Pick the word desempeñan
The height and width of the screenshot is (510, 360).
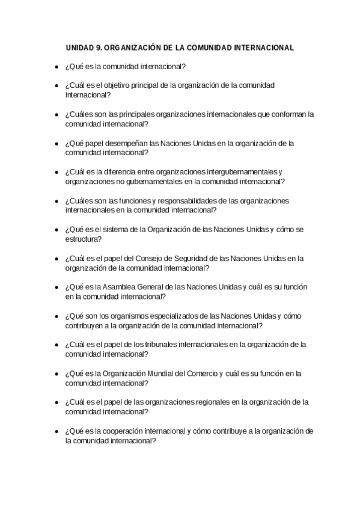[x=127, y=143]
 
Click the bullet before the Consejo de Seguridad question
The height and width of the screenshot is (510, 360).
[x=56, y=259]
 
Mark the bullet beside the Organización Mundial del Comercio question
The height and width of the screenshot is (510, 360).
[x=56, y=375]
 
